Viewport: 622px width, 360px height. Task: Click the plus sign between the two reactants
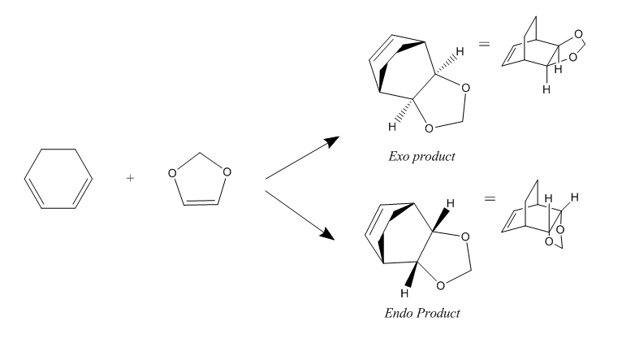click(x=130, y=178)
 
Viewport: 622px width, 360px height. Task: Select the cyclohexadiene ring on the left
click(x=24, y=179)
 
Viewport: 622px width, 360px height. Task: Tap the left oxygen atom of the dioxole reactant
click(x=172, y=173)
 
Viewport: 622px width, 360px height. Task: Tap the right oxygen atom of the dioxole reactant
click(x=227, y=172)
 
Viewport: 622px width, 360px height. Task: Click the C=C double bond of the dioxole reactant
click(x=201, y=203)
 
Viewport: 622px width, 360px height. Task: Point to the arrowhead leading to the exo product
click(x=331, y=141)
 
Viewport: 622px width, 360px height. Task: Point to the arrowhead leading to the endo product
click(x=328, y=234)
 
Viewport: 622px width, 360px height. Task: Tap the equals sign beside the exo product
click(x=484, y=44)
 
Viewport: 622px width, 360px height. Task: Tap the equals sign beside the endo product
click(x=490, y=198)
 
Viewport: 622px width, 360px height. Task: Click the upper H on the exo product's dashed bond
click(x=460, y=51)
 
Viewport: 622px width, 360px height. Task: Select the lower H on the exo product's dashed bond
click(x=392, y=127)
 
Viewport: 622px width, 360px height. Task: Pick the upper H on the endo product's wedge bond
click(x=450, y=204)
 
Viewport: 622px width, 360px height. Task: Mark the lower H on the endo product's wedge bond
click(x=404, y=293)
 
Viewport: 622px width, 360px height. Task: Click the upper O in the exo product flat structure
click(x=466, y=88)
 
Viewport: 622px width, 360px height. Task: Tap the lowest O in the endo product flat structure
click(x=440, y=286)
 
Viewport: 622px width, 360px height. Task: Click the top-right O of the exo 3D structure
click(x=579, y=34)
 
